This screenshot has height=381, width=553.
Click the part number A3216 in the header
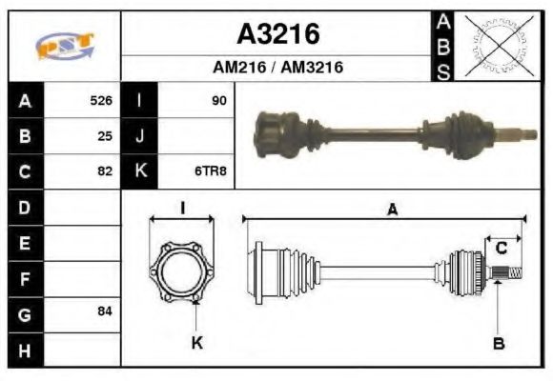tap(277, 35)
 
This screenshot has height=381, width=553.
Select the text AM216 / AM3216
tap(277, 68)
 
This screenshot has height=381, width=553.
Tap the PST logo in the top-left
tap(64, 46)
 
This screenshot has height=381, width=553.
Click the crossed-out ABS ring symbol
tap(495, 45)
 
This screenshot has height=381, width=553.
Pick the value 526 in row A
tap(100, 100)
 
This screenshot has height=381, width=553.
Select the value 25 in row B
tap(105, 135)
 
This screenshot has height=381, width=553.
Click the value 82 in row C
tap(105, 171)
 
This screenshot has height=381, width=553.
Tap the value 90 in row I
tap(219, 100)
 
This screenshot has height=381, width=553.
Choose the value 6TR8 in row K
tap(212, 171)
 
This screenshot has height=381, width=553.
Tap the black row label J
tap(139, 135)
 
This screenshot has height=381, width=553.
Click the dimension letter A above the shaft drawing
tap(391, 211)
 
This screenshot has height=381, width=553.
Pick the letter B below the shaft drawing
tap(498, 343)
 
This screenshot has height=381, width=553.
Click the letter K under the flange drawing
tap(196, 343)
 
